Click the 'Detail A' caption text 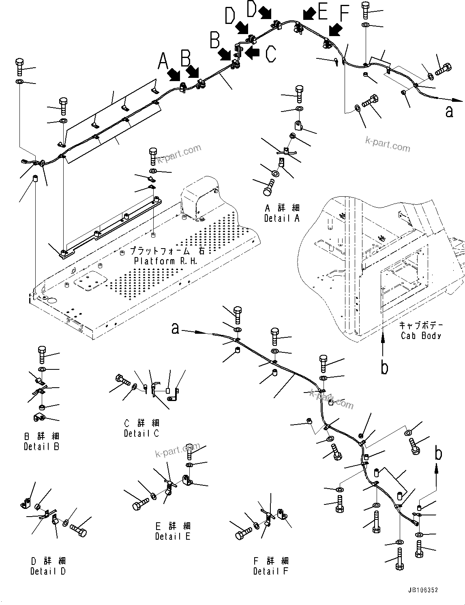[x=282, y=218]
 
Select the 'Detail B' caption [x=41, y=446]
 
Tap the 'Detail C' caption [x=141, y=433]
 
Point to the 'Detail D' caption [x=48, y=571]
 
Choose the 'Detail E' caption [x=172, y=536]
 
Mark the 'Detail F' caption [x=271, y=571]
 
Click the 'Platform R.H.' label [x=166, y=261]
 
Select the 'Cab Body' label [x=421, y=335]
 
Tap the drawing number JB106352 [x=420, y=591]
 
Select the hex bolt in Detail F [x=243, y=533]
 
